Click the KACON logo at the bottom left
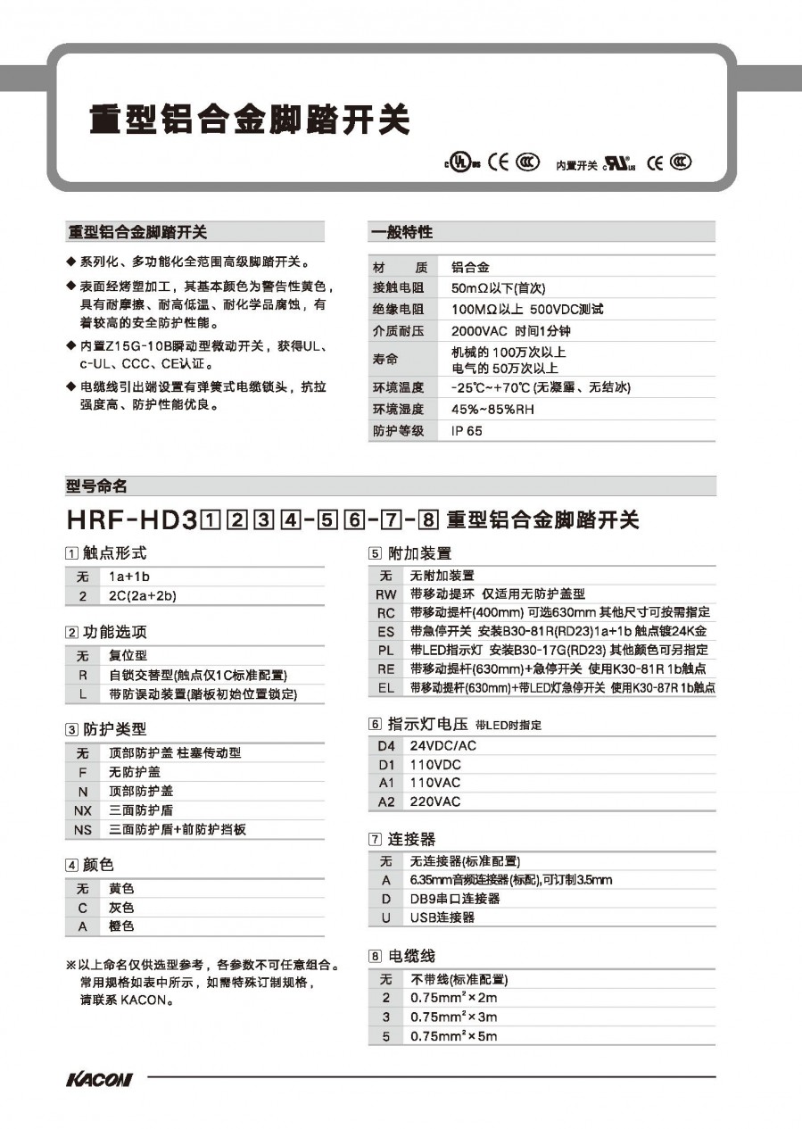point(99,1080)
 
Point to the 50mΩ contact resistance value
point(498,288)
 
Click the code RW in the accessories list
point(385,594)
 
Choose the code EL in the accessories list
point(385,687)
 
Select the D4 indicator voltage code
point(385,745)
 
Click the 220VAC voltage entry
point(435,801)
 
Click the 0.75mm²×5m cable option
point(453,1036)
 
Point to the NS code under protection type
point(83,829)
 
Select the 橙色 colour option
point(121,926)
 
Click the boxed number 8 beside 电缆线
point(376,956)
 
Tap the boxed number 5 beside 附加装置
point(376,553)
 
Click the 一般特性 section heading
point(401,232)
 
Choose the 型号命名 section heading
point(97,486)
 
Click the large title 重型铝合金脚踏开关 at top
point(249,120)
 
